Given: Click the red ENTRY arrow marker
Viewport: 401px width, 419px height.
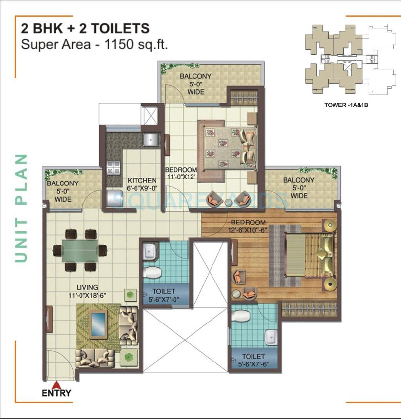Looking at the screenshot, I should tap(57, 384).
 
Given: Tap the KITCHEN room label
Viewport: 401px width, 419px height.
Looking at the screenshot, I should tap(142, 184).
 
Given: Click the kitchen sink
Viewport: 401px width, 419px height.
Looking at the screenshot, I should tap(150, 139).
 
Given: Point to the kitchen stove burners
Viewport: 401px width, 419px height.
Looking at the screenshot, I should tap(113, 168).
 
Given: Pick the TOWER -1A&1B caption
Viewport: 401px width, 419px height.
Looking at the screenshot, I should tap(346, 104).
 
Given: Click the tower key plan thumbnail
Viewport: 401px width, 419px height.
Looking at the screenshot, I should tap(349, 60).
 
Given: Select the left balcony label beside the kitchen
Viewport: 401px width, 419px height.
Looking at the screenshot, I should tap(63, 191).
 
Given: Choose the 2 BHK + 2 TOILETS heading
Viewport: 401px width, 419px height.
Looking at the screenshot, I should tap(85, 28).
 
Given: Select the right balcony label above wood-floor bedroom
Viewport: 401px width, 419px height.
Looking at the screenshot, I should tap(299, 188).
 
